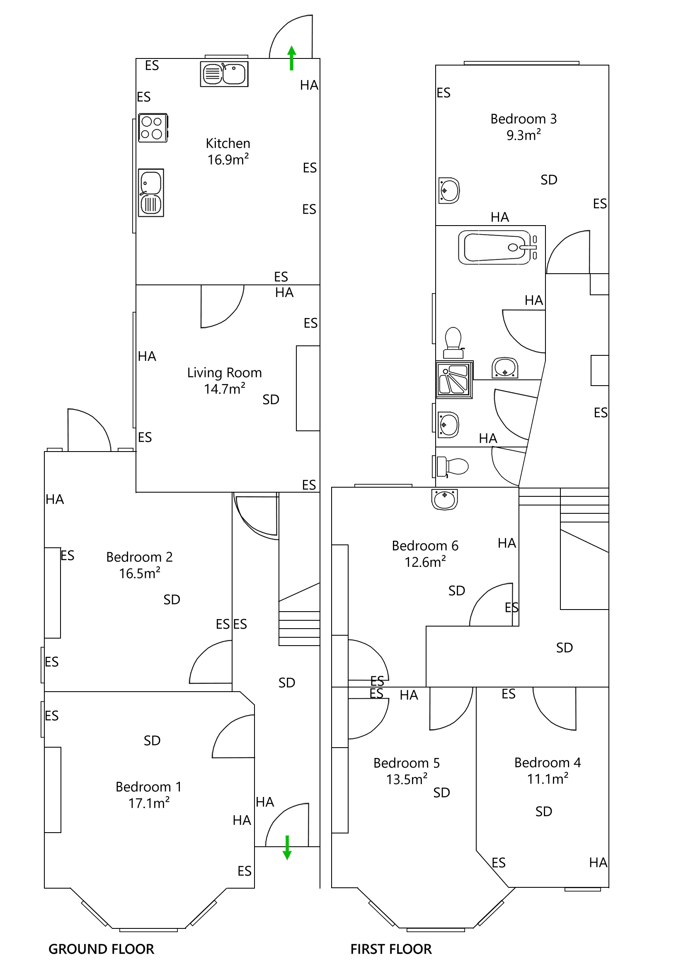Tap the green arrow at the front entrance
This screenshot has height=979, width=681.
click(287, 847)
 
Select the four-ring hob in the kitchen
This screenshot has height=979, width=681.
click(152, 127)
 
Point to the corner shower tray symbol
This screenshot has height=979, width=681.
click(454, 379)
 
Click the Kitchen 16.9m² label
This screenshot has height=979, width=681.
click(228, 151)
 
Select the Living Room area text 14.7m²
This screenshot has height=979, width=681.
click(224, 389)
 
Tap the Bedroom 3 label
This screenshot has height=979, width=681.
click(523, 119)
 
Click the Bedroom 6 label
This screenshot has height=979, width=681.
click(424, 546)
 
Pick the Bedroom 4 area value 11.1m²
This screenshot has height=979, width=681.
click(547, 779)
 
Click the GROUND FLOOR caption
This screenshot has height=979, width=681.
click(101, 949)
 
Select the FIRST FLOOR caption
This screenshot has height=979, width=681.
click(391, 949)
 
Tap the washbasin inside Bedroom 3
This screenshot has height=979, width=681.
click(448, 190)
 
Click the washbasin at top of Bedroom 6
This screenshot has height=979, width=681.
click(444, 499)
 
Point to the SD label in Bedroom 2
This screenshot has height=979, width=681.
click(171, 600)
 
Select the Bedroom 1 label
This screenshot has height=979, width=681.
click(148, 787)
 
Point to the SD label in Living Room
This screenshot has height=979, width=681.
click(270, 400)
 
